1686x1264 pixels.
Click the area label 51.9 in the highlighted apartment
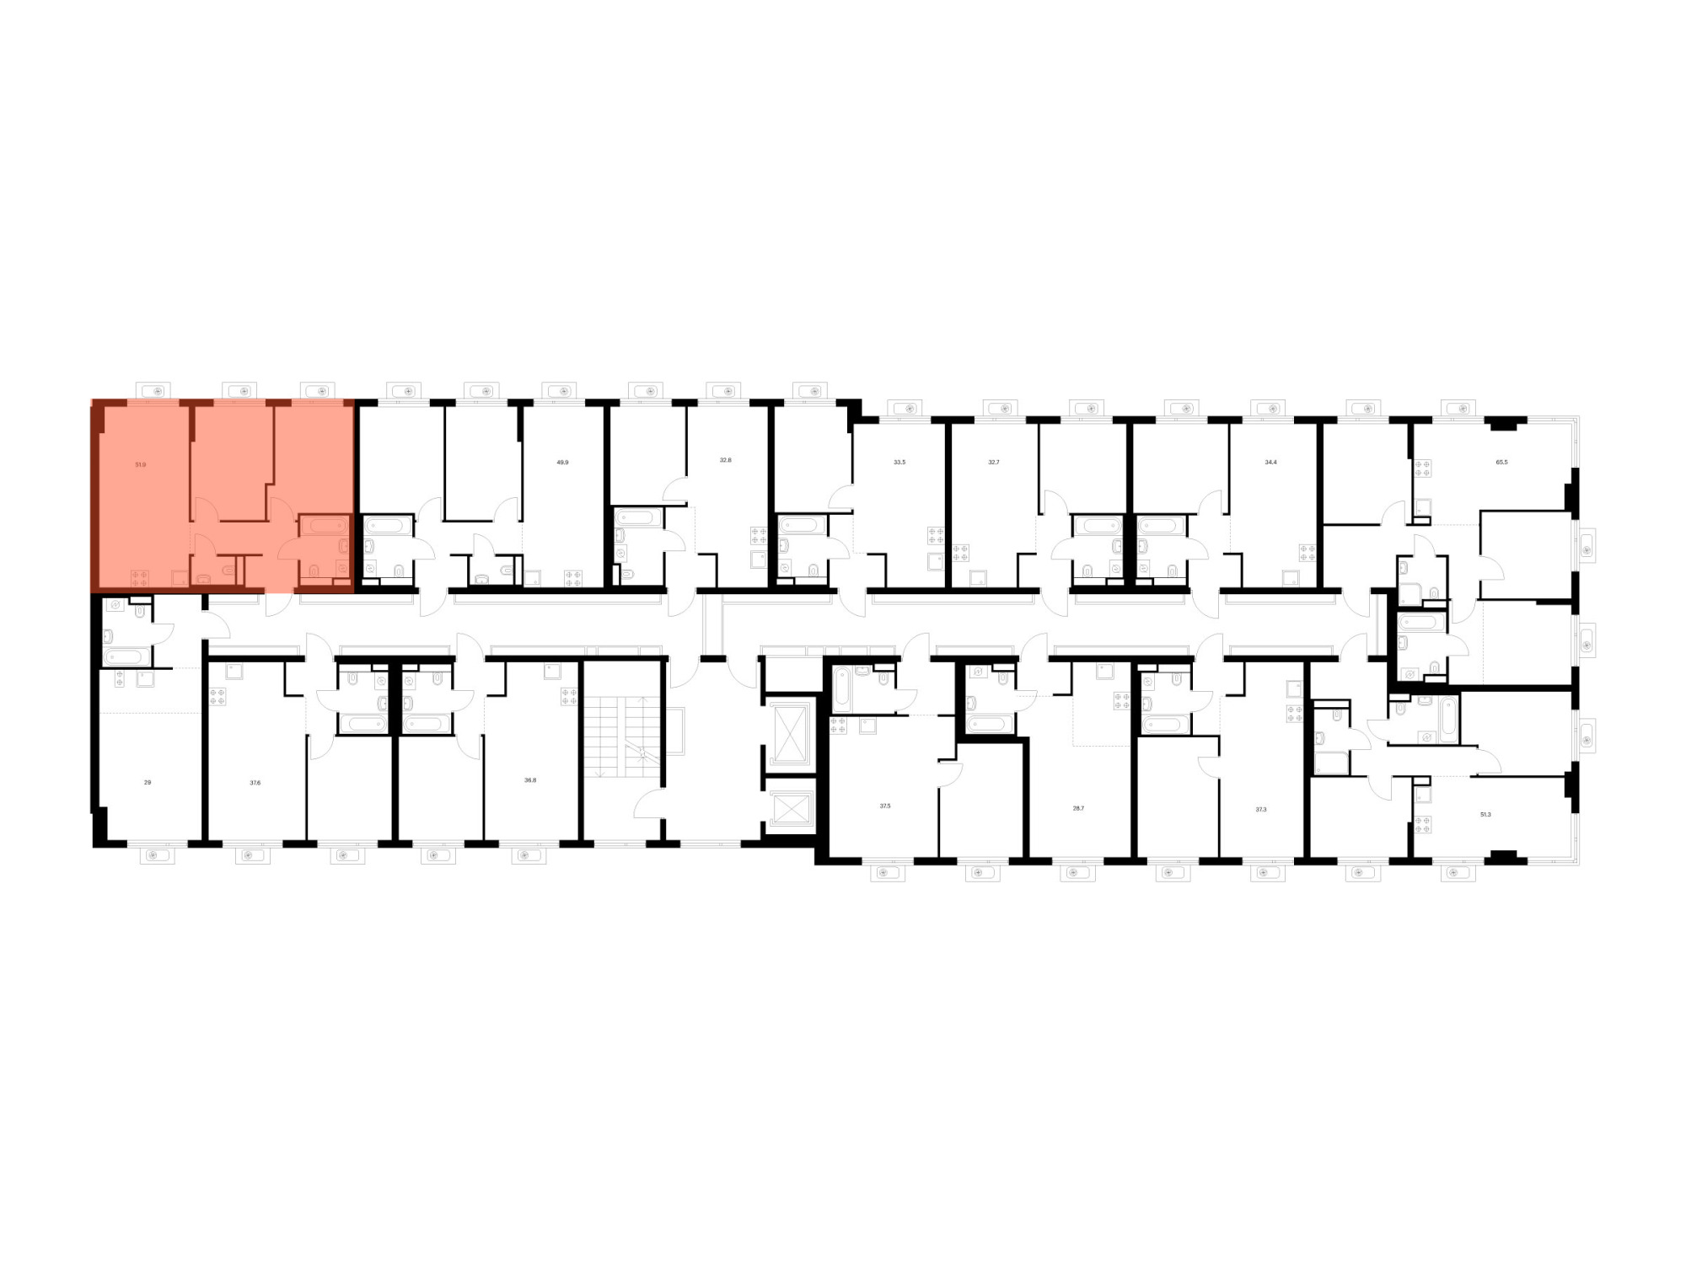140,464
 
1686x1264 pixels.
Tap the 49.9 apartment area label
562,462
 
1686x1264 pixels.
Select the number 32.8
726,460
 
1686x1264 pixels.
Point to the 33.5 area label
899,462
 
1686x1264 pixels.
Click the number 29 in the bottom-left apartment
148,782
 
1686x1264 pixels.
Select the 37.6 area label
255,782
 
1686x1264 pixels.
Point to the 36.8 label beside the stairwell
529,780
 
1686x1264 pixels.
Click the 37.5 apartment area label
885,806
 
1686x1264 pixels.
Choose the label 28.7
1078,807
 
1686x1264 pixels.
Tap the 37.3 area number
1261,809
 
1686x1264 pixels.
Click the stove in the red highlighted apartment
139,578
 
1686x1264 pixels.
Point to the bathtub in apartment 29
127,656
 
